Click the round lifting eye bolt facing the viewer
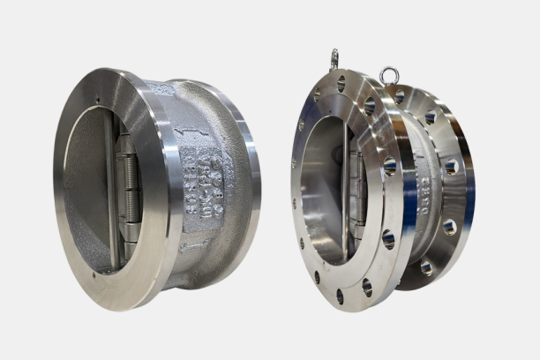click(x=388, y=75)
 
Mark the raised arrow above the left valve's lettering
click(x=187, y=133)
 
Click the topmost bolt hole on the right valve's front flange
click(x=341, y=85)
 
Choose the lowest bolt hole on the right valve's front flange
click(x=339, y=296)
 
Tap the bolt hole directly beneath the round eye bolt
click(x=399, y=94)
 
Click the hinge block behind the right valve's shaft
click(x=356, y=185)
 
